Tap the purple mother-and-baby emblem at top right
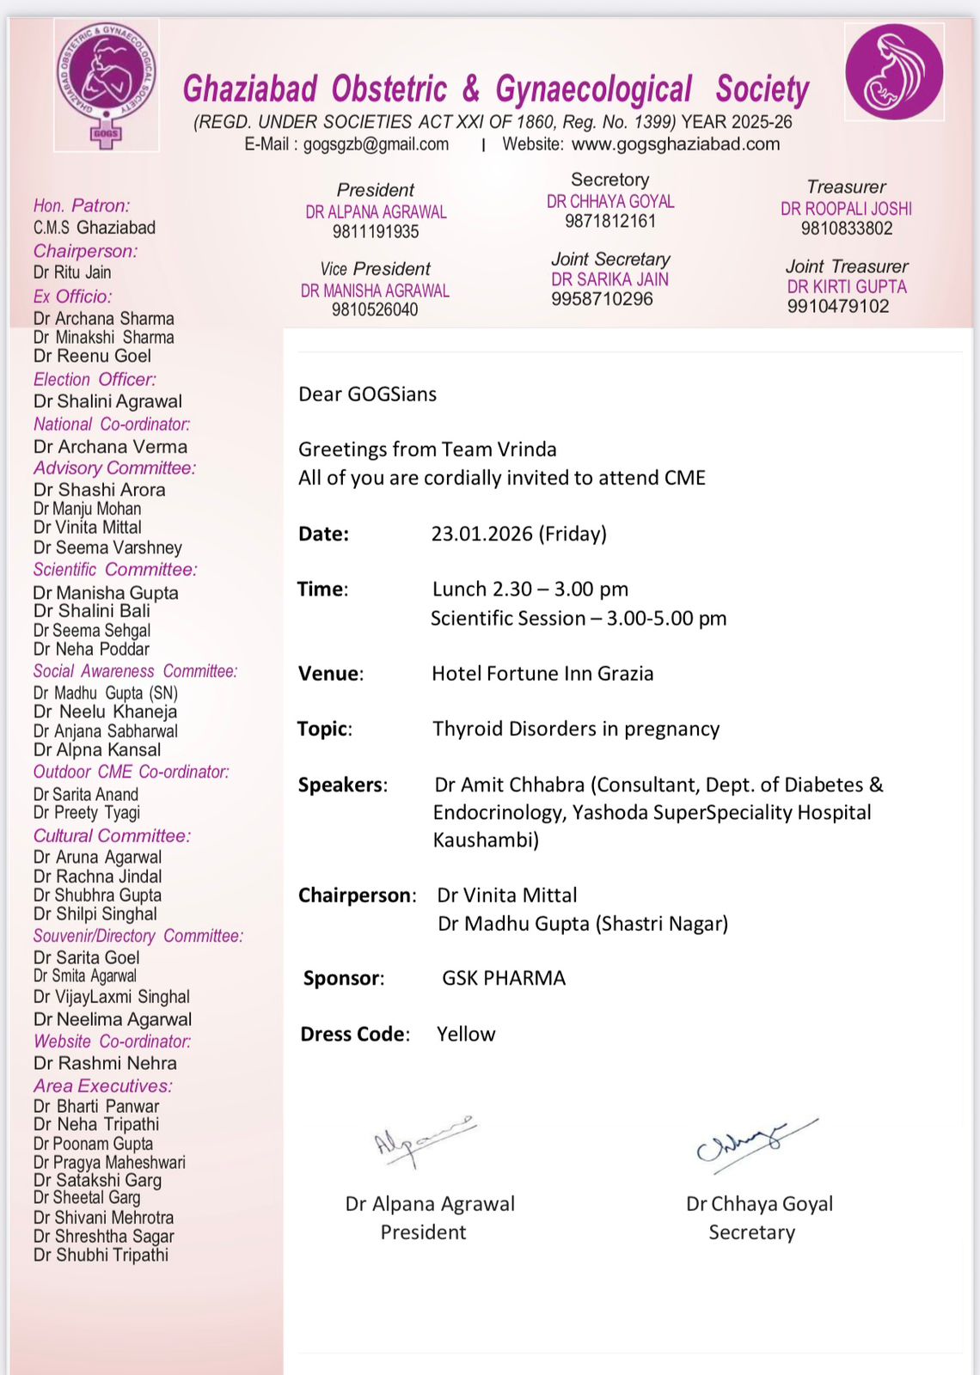pyautogui.click(x=894, y=71)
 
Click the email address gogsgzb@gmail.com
pyautogui.click(x=376, y=144)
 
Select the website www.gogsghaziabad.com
pyautogui.click(x=676, y=144)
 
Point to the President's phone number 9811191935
pyautogui.click(x=376, y=232)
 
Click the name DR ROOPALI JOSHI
pyautogui.click(x=846, y=209)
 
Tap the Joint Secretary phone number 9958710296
pyautogui.click(x=602, y=299)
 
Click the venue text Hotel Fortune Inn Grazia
pyautogui.click(x=542, y=674)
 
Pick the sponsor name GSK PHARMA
pyautogui.click(x=504, y=978)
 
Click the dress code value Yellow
pyautogui.click(x=466, y=1034)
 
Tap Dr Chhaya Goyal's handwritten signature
pyautogui.click(x=752, y=1143)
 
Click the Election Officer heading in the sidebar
pyautogui.click(x=95, y=379)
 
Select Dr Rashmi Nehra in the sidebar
pyautogui.click(x=105, y=1063)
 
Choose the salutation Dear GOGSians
pyautogui.click(x=367, y=394)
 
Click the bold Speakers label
pyautogui.click(x=342, y=785)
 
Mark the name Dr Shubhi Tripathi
pyautogui.click(x=101, y=1255)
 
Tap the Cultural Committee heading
pyautogui.click(x=112, y=835)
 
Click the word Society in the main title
pyautogui.click(x=763, y=89)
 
